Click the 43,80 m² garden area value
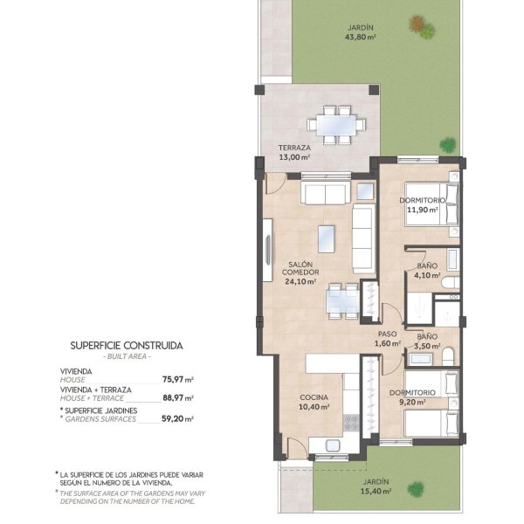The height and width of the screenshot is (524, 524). click(x=360, y=37)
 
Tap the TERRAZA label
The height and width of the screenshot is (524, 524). click(x=294, y=148)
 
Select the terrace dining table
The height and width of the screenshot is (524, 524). click(x=336, y=125)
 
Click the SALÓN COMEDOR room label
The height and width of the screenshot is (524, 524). click(x=300, y=268)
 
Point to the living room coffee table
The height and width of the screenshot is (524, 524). click(x=326, y=239)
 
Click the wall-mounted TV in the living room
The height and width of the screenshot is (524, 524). click(x=268, y=250)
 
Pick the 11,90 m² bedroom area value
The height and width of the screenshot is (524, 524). click(x=423, y=210)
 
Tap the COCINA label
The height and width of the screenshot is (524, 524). click(x=314, y=397)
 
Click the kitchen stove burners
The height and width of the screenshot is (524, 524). click(x=351, y=423)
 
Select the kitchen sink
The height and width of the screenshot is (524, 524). click(x=333, y=445)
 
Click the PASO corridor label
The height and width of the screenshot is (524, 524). click(x=387, y=334)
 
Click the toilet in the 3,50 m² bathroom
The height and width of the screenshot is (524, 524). click(x=449, y=356)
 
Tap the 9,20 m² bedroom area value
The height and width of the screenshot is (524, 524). click(x=412, y=402)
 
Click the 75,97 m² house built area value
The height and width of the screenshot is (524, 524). click(x=178, y=379)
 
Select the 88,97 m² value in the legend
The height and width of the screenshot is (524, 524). click(x=178, y=397)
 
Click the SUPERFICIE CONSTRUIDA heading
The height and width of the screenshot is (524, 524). click(x=127, y=346)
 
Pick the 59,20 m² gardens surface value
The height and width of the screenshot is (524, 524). click(x=178, y=418)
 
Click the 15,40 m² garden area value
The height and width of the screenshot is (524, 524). click(x=376, y=491)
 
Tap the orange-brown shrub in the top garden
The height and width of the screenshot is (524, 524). click(x=416, y=24)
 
